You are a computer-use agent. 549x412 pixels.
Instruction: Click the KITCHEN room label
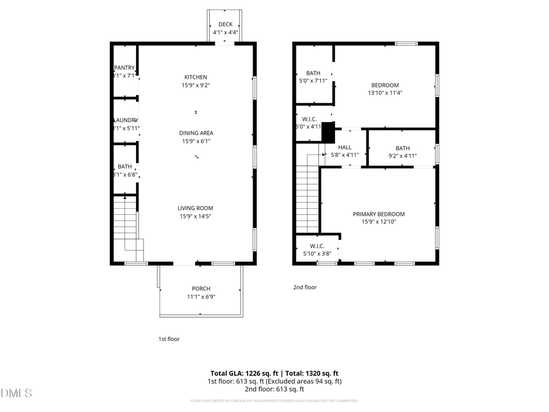click(x=196, y=77)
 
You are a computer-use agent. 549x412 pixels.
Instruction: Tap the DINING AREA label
click(x=196, y=132)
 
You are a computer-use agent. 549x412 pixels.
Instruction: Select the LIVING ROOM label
click(x=196, y=208)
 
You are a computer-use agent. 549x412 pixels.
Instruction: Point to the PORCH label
click(x=201, y=289)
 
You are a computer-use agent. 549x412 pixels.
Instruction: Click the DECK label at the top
click(x=225, y=24)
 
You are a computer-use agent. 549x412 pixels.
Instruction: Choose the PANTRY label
click(x=124, y=68)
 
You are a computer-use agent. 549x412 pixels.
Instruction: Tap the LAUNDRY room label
click(x=125, y=120)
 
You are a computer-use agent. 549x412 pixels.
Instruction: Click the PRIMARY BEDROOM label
click(x=378, y=214)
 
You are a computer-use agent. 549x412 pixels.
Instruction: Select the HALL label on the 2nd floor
click(x=345, y=147)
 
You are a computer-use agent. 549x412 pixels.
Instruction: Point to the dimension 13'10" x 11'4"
click(x=385, y=93)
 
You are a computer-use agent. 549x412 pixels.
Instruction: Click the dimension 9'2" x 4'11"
click(x=403, y=156)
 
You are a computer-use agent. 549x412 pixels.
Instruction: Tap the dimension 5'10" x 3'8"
click(x=317, y=253)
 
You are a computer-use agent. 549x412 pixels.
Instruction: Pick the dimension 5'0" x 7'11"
click(x=313, y=81)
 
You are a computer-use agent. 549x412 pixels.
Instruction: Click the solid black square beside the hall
click(x=328, y=132)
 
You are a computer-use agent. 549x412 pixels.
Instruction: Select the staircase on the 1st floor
click(x=128, y=226)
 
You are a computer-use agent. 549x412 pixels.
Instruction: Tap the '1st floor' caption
click(x=169, y=339)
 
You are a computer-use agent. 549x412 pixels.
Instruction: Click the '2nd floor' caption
click(x=306, y=287)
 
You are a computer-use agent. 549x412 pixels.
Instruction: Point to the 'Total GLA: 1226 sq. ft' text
click(x=242, y=373)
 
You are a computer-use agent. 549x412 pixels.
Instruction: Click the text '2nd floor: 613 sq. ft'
click(x=274, y=389)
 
